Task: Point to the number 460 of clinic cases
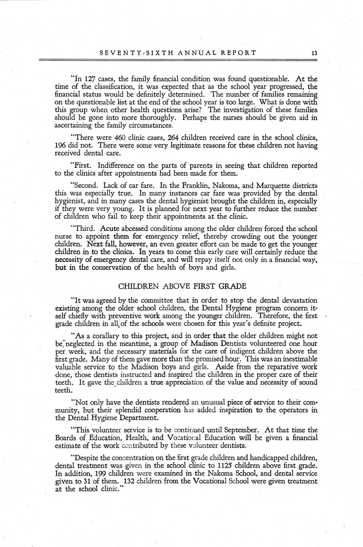(120, 138)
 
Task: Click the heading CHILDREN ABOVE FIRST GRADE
(182, 286)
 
